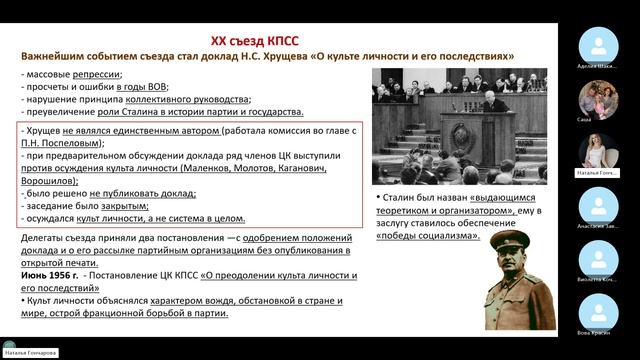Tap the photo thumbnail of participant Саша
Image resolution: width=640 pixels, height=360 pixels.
click(x=598, y=96)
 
